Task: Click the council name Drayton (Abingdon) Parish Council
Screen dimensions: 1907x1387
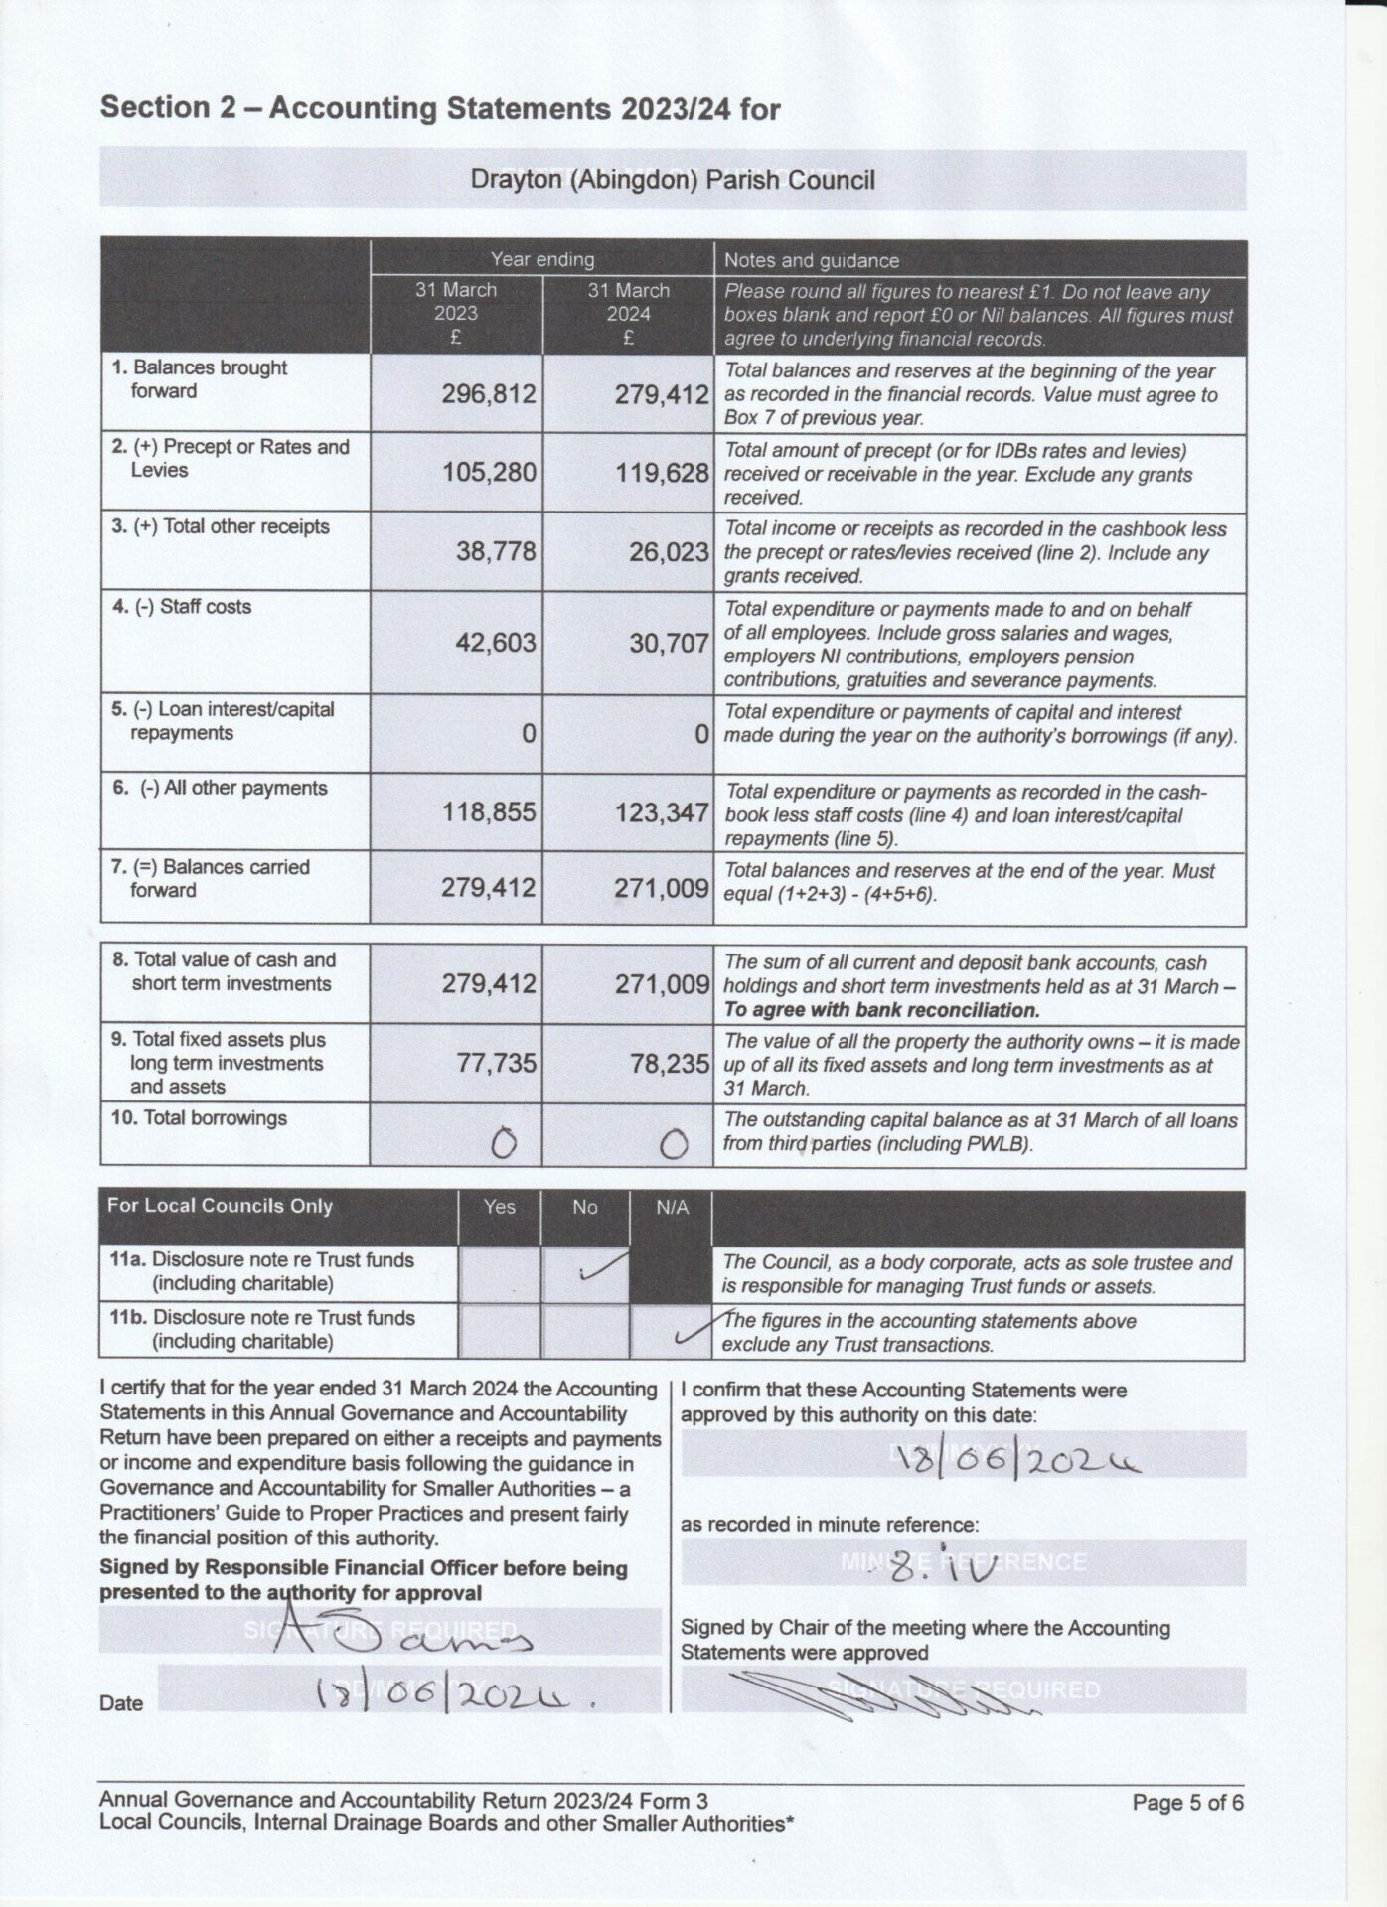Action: pyautogui.click(x=673, y=180)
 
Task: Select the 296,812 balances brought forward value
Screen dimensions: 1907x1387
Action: pyautogui.click(x=488, y=394)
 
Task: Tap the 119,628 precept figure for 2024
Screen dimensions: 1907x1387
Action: pyautogui.click(x=661, y=473)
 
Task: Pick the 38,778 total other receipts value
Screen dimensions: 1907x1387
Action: pyautogui.click(x=495, y=551)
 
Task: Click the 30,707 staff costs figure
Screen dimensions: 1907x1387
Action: pyautogui.click(x=668, y=643)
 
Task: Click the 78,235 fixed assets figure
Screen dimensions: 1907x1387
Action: pyautogui.click(x=669, y=1064)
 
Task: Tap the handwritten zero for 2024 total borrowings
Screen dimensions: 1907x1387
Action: pyautogui.click(x=674, y=1145)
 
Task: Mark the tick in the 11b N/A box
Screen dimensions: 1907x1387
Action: pyautogui.click(x=695, y=1329)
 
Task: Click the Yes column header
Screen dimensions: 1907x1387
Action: pyautogui.click(x=499, y=1206)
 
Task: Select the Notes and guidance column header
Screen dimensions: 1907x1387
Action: pyautogui.click(x=811, y=260)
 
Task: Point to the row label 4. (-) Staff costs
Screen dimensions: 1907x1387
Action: pyautogui.click(x=182, y=606)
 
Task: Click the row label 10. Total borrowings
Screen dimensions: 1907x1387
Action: pyautogui.click(x=199, y=1117)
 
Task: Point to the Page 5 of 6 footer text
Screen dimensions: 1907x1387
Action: pyautogui.click(x=1187, y=1802)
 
